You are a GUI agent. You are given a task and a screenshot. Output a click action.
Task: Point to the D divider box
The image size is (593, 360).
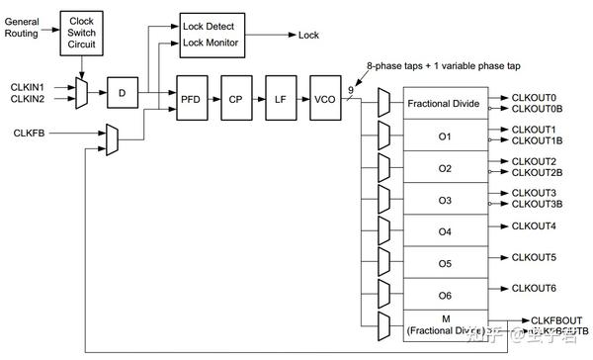click(x=123, y=93)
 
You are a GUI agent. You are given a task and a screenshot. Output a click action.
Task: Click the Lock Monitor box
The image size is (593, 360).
click(x=212, y=44)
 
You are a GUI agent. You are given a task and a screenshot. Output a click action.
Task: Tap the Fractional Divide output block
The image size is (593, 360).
click(x=444, y=104)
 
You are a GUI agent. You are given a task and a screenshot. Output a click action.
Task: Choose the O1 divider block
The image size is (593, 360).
click(x=444, y=136)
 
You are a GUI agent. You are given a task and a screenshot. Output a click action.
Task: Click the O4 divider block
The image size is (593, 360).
click(x=444, y=231)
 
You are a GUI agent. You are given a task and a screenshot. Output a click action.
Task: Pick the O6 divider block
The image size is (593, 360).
click(x=444, y=295)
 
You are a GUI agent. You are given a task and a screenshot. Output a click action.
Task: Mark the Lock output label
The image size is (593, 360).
click(x=309, y=36)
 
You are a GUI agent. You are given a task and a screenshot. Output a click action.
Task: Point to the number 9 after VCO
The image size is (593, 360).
click(x=351, y=90)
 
